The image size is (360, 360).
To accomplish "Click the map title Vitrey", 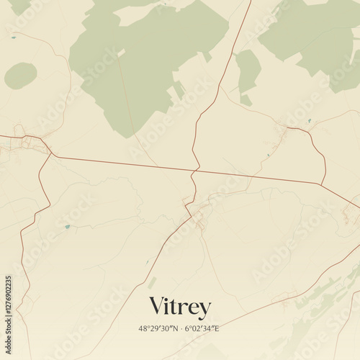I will point(180,307).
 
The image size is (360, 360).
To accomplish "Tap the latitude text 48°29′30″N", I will point(158,328).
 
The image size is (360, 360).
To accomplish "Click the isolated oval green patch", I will point(21,76).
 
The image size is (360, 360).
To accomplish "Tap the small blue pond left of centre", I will point(67,227).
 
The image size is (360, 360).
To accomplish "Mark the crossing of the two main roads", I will point(194,171).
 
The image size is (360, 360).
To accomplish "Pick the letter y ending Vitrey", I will point(205,310).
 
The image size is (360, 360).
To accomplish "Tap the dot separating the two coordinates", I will point(180,328).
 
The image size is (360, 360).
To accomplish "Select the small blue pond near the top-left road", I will point(12,37).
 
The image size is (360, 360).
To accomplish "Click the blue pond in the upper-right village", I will point(310,120).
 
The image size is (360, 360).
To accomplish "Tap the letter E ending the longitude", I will point(220,328).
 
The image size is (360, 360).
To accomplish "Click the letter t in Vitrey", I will point(178,307).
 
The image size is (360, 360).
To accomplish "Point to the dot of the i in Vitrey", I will point(171,298).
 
